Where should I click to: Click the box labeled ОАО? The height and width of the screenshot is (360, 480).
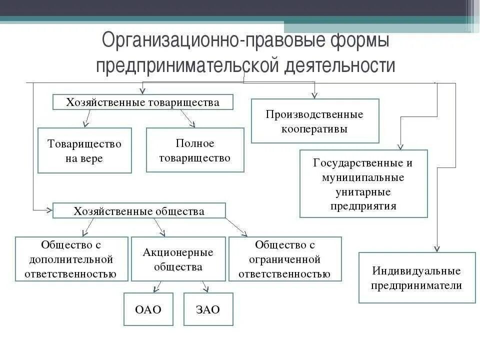click(148, 309)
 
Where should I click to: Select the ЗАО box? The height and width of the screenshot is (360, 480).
click(208, 309)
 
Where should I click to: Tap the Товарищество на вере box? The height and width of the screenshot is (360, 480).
click(84, 150)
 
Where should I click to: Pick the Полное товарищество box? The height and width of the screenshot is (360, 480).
click(195, 150)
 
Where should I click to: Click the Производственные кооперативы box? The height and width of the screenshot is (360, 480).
click(314, 121)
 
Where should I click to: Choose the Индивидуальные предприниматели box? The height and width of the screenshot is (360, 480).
click(417, 278)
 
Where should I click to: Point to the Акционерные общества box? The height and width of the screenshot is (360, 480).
click(178, 259)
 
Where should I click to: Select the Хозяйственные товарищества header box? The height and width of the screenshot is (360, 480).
click(143, 102)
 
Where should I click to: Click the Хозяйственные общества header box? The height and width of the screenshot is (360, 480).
click(139, 210)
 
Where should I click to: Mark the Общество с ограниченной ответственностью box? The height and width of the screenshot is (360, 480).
click(285, 259)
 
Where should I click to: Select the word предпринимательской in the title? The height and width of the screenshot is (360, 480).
click(187, 65)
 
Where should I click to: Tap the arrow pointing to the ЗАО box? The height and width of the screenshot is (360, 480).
click(205, 287)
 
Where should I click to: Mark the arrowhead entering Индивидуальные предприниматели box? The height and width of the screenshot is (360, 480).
click(437, 248)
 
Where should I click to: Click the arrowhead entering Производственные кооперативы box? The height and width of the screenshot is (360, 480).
click(314, 95)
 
